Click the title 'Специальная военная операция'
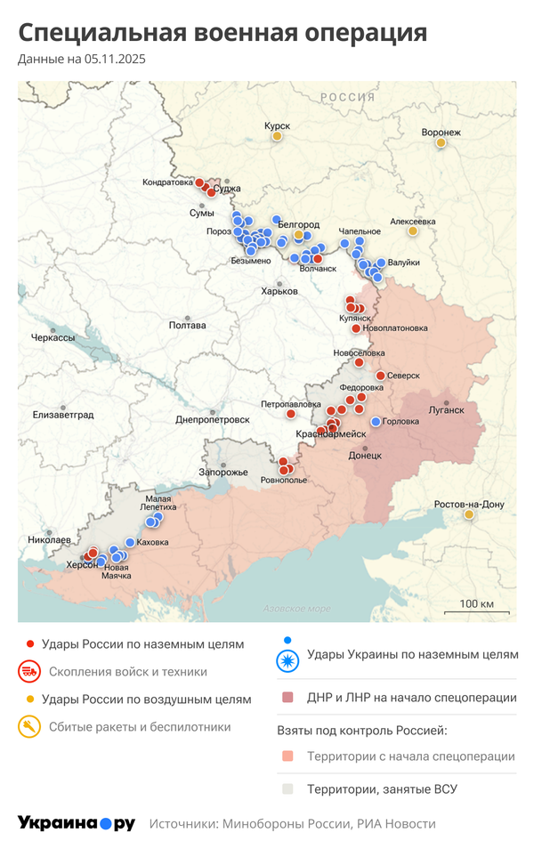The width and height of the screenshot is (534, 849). click(222, 34)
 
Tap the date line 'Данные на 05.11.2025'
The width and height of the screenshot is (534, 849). click(81, 60)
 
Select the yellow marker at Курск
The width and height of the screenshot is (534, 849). click(277, 136)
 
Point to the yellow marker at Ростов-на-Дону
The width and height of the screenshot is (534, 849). click(469, 514)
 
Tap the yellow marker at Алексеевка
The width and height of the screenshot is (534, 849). click(412, 231)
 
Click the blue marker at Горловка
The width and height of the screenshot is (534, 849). click(376, 421)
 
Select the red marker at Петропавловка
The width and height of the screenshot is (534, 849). click(290, 414)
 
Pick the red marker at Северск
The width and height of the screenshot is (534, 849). click(380, 376)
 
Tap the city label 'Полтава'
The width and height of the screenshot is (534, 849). click(187, 325)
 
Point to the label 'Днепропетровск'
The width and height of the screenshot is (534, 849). click(212, 419)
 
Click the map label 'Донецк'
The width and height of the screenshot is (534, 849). click(365, 454)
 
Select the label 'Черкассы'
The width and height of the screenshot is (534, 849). click(53, 338)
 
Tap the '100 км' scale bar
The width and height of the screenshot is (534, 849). click(476, 606)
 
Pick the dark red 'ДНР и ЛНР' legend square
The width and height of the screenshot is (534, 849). click(287, 699)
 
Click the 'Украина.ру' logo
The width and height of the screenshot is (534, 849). click(77, 823)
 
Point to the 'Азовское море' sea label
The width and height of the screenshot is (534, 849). click(296, 609)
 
